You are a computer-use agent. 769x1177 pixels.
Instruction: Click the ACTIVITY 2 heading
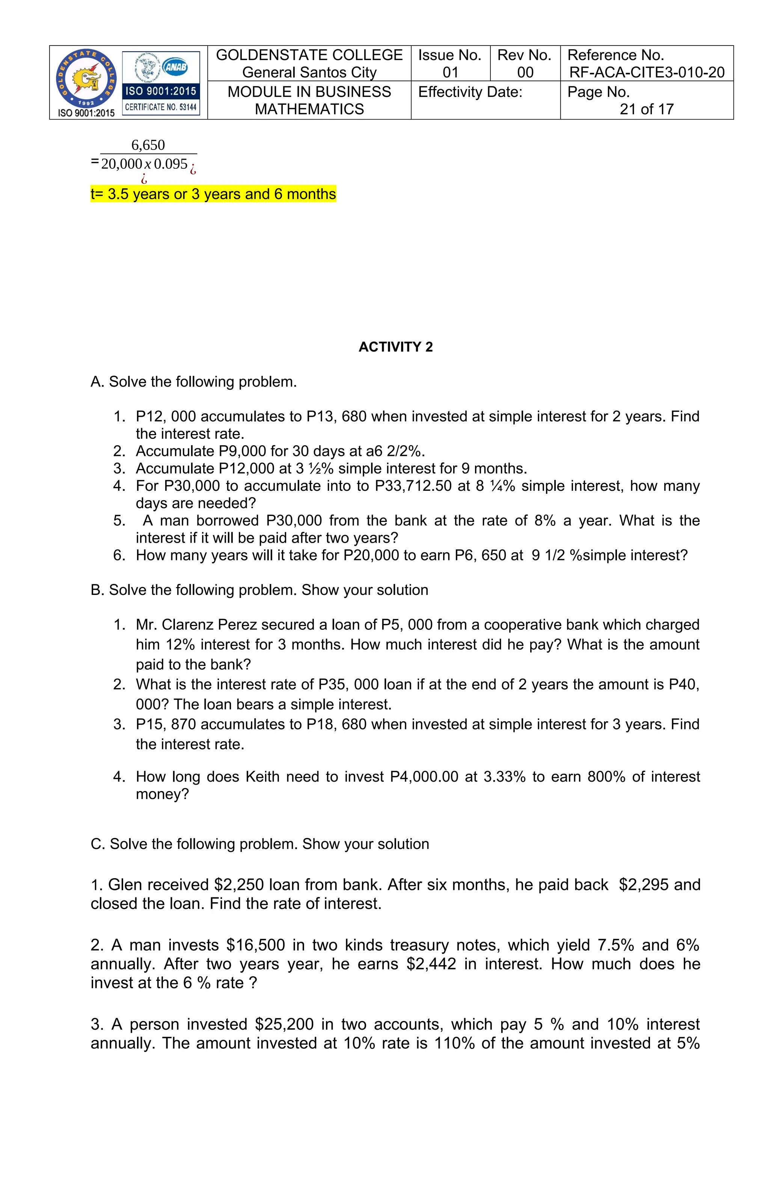pyautogui.click(x=395, y=347)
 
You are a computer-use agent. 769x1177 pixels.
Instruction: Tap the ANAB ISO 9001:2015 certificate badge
pyautogui.click(x=161, y=83)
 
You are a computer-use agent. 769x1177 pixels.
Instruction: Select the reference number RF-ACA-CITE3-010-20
pyautogui.click(x=647, y=73)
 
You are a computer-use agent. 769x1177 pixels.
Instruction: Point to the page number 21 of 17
pyautogui.click(x=647, y=109)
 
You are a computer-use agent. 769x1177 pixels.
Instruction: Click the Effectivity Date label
pyautogui.click(x=470, y=92)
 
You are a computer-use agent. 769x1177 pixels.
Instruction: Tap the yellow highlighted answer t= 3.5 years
pyautogui.click(x=213, y=194)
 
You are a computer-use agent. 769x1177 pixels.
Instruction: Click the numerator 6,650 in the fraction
pyautogui.click(x=148, y=145)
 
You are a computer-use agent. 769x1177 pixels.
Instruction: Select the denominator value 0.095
pyautogui.click(x=170, y=164)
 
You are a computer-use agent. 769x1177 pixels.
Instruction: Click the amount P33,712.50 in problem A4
pyautogui.click(x=413, y=486)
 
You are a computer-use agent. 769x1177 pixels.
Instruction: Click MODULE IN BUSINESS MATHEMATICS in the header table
pyautogui.click(x=309, y=100)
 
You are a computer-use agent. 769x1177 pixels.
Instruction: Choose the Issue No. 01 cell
pyautogui.click(x=450, y=63)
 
